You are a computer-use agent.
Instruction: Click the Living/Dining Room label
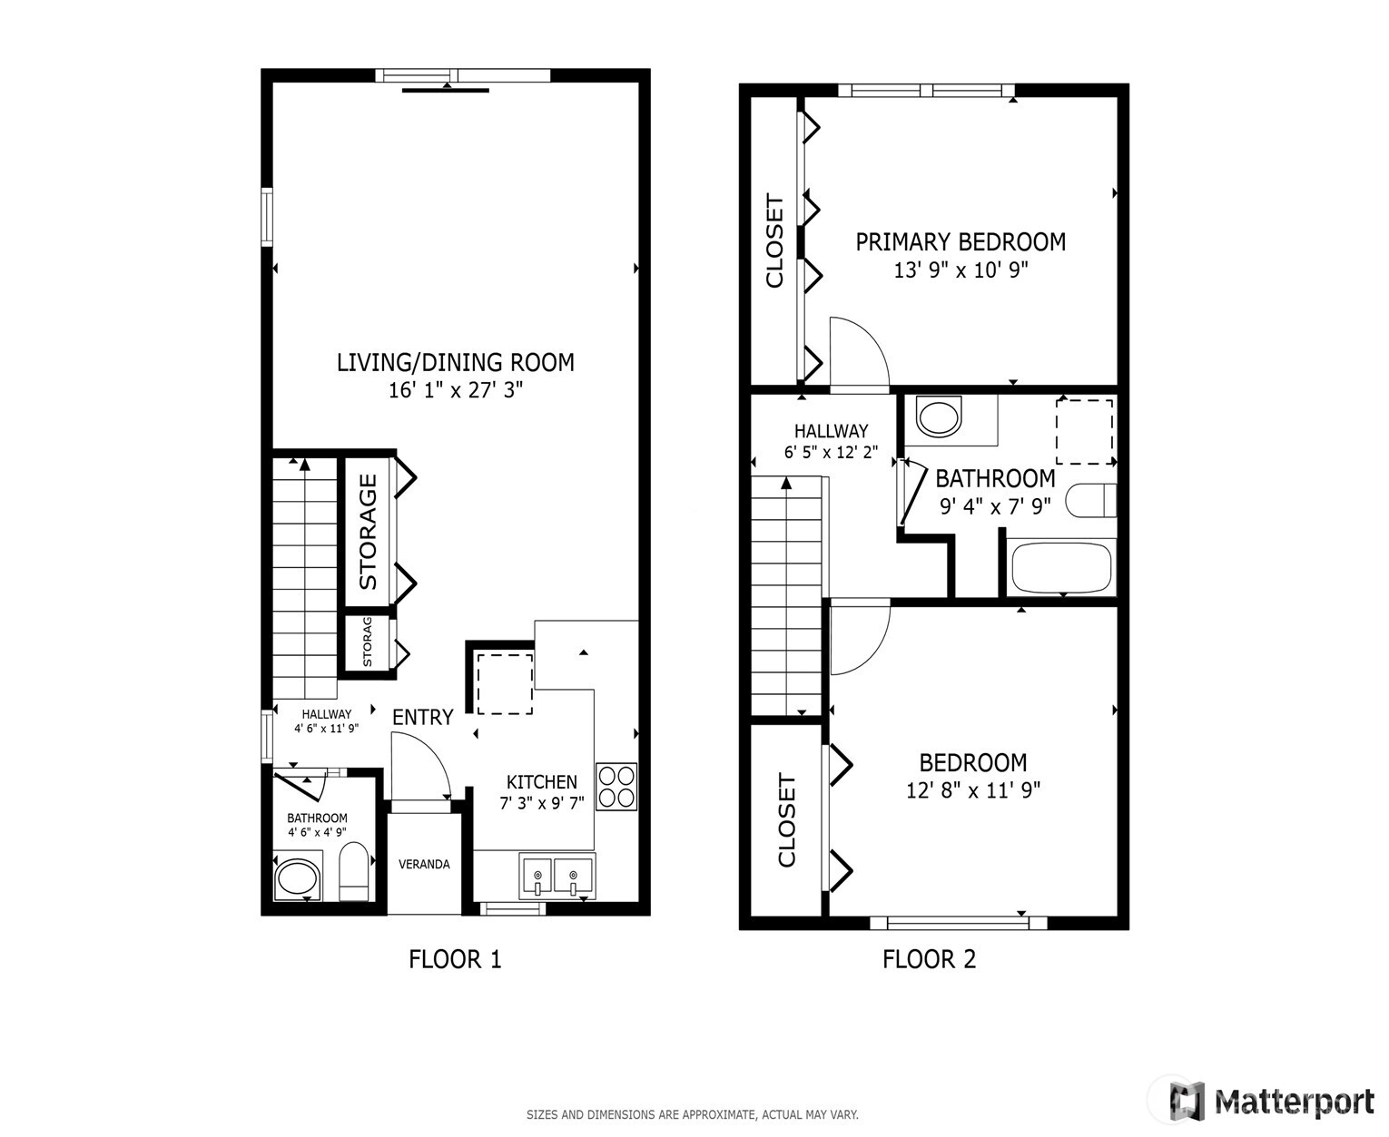click(455, 362)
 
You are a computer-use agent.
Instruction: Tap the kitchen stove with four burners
click(616, 786)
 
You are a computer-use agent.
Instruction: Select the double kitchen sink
click(557, 877)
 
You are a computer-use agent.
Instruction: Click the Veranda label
click(424, 864)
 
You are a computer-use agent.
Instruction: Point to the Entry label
click(423, 717)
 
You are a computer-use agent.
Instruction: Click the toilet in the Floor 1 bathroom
click(354, 871)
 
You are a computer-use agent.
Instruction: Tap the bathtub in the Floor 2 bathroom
click(1060, 567)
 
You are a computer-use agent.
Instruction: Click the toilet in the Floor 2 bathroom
click(1090, 500)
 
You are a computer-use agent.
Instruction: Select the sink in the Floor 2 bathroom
click(939, 417)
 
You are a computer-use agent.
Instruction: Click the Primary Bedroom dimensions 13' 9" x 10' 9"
click(960, 270)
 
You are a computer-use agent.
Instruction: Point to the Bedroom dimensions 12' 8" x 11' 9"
click(973, 789)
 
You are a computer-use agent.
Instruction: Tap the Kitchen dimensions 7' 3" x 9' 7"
click(541, 803)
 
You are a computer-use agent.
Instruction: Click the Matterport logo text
click(1295, 1103)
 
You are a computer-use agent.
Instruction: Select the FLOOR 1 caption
click(455, 959)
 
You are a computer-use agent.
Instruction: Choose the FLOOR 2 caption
click(929, 959)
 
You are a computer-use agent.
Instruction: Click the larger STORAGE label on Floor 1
click(368, 532)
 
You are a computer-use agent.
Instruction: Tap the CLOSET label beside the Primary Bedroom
click(774, 240)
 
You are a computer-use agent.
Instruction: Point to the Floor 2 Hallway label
click(831, 431)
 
